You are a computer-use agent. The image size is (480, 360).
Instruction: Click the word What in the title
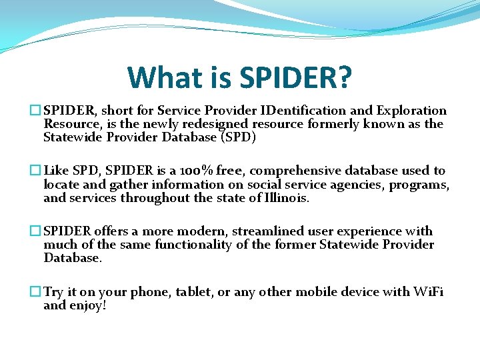(x=159, y=78)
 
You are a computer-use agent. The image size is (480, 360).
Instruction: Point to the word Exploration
(x=411, y=111)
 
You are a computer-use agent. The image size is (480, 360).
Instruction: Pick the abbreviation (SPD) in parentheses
(x=235, y=137)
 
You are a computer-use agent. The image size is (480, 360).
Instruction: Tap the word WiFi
(x=428, y=292)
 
